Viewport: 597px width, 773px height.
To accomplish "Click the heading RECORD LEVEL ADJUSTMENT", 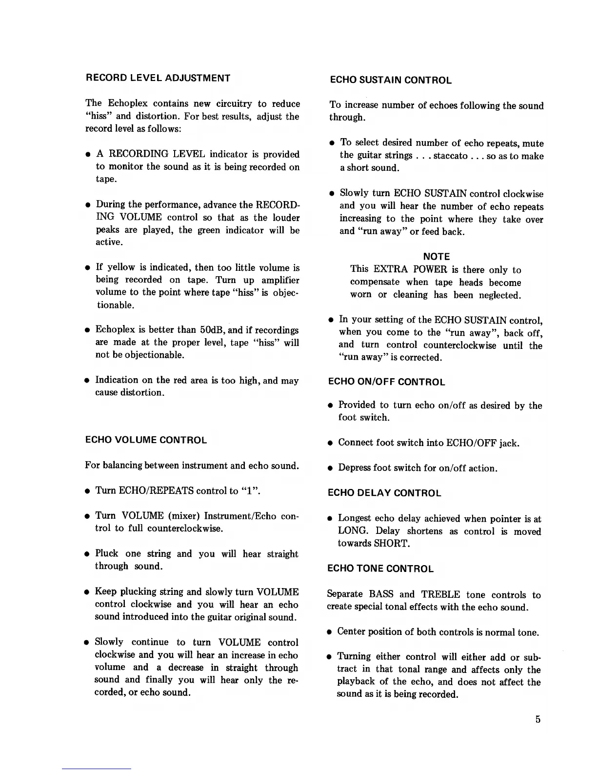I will [x=158, y=78].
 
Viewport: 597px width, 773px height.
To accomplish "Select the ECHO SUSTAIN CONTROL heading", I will [x=390, y=81].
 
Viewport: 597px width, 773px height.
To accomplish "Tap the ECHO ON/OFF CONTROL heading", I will [x=386, y=382].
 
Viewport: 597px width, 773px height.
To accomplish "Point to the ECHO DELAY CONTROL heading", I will [x=384, y=493].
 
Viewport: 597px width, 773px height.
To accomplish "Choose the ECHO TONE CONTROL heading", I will [x=380, y=569].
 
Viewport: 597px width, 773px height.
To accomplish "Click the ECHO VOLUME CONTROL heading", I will [x=146, y=440].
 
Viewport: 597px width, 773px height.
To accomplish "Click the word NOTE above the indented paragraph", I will [x=437, y=257].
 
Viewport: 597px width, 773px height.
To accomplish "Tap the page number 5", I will [x=538, y=719].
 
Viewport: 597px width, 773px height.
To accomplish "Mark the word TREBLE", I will [x=440, y=595].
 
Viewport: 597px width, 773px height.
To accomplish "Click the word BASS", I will [x=381, y=595].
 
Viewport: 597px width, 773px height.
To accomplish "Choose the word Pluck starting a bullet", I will [x=107, y=554].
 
